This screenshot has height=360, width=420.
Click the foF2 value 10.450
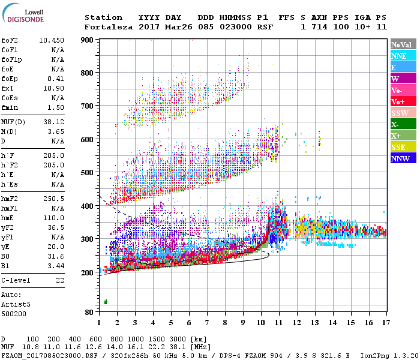pyautogui.click(x=52, y=41)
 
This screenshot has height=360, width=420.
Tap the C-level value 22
pyautogui.click(x=60, y=280)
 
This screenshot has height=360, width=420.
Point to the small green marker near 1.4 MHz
pyautogui.click(x=106, y=302)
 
